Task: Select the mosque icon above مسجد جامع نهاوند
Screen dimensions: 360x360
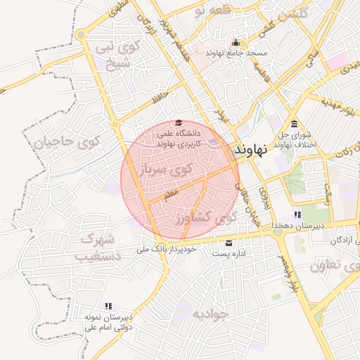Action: point(235,41)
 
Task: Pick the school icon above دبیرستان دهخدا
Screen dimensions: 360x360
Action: point(297,214)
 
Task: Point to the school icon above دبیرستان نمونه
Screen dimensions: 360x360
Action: point(108,306)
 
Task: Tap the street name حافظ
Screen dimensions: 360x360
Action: point(162,95)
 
